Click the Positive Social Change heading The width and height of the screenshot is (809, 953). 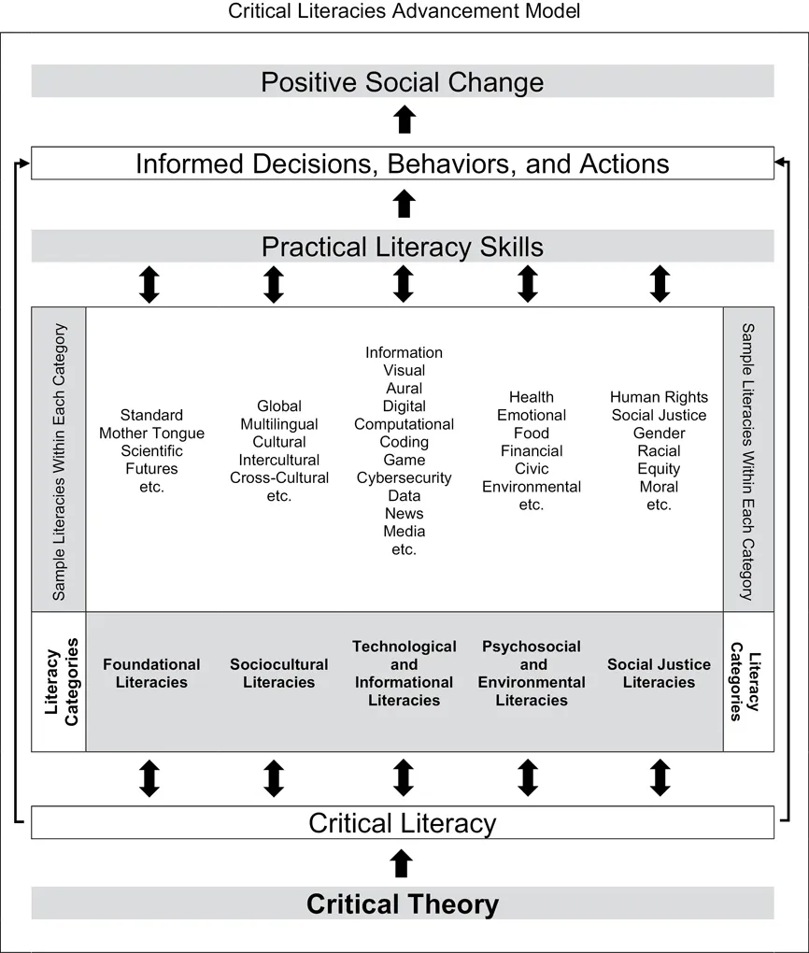point(403,82)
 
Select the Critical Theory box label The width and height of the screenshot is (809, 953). point(403,903)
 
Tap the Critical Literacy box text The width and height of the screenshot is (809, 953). point(403,823)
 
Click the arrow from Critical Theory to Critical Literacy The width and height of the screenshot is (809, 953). point(401,863)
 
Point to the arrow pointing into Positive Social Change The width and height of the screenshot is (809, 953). point(404,120)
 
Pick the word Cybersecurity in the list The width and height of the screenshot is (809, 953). point(404,478)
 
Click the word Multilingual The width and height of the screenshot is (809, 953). point(279,424)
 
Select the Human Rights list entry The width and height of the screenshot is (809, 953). point(659,397)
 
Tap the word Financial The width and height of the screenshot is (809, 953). point(532,451)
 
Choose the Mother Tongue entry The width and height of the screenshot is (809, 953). point(152,434)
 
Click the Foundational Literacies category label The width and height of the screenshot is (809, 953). point(151,674)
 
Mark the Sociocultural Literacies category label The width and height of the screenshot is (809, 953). point(279,674)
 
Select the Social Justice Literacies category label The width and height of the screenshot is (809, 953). point(659,674)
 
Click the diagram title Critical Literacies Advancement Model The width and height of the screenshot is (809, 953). point(404,11)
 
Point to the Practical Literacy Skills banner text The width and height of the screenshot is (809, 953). point(403,247)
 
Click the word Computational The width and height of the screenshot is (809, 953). point(404,424)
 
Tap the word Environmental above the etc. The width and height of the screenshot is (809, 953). point(532,487)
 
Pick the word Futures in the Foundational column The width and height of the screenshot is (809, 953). point(152,469)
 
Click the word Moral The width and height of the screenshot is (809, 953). point(659,487)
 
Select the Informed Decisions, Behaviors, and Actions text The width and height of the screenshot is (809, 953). point(403,164)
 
